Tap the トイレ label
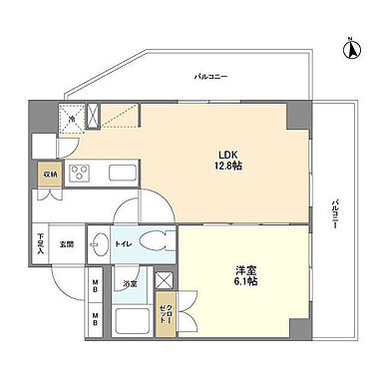[x=125, y=241]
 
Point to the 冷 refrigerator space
[x=73, y=121]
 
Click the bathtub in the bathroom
[x=133, y=320]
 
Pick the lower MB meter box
[x=96, y=319]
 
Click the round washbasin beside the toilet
[x=100, y=242]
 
